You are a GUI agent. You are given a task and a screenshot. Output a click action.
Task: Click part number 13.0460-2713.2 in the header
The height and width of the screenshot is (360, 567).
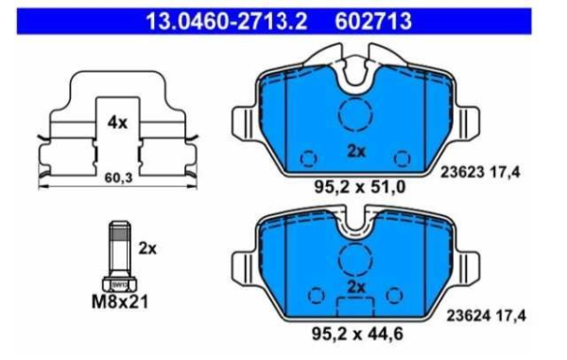click(227, 21)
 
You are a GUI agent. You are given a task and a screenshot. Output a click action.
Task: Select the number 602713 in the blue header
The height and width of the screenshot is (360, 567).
click(373, 21)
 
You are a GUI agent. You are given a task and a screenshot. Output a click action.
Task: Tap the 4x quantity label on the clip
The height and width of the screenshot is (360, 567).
click(117, 123)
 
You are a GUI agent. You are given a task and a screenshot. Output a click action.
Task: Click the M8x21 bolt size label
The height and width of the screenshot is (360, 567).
click(120, 302)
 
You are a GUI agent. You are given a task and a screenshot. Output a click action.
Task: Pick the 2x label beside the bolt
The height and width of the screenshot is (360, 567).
click(147, 249)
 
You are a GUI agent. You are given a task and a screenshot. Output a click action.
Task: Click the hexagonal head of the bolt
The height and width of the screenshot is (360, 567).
click(119, 284)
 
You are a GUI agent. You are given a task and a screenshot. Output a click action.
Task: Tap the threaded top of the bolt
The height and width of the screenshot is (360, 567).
click(120, 231)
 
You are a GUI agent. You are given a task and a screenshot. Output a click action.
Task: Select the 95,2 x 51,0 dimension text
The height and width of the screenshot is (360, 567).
click(359, 187)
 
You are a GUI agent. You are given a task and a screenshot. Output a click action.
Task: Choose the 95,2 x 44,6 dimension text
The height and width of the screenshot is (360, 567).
click(357, 334)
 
